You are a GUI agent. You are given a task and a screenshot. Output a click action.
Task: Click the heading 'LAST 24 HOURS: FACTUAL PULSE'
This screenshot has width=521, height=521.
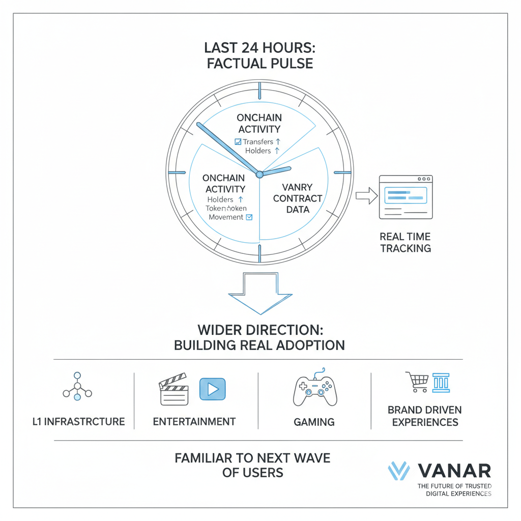[259, 55]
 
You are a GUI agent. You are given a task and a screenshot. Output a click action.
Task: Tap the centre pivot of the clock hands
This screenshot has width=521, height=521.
[259, 174]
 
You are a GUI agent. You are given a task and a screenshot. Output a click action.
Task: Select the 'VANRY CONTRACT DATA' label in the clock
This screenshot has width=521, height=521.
[298, 198]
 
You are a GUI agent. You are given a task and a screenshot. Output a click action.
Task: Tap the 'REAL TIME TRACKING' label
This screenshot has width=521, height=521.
[405, 242]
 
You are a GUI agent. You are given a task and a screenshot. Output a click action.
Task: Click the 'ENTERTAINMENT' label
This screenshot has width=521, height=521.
[194, 421]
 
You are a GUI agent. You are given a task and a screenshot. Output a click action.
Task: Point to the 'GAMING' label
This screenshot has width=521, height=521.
[314, 422]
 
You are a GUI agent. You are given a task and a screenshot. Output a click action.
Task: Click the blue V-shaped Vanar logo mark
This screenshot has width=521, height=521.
[399, 471]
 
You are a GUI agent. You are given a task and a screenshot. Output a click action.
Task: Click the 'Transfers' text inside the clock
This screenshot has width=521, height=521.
[258, 142]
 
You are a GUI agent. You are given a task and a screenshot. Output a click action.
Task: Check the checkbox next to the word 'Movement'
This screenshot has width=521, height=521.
[249, 217]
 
